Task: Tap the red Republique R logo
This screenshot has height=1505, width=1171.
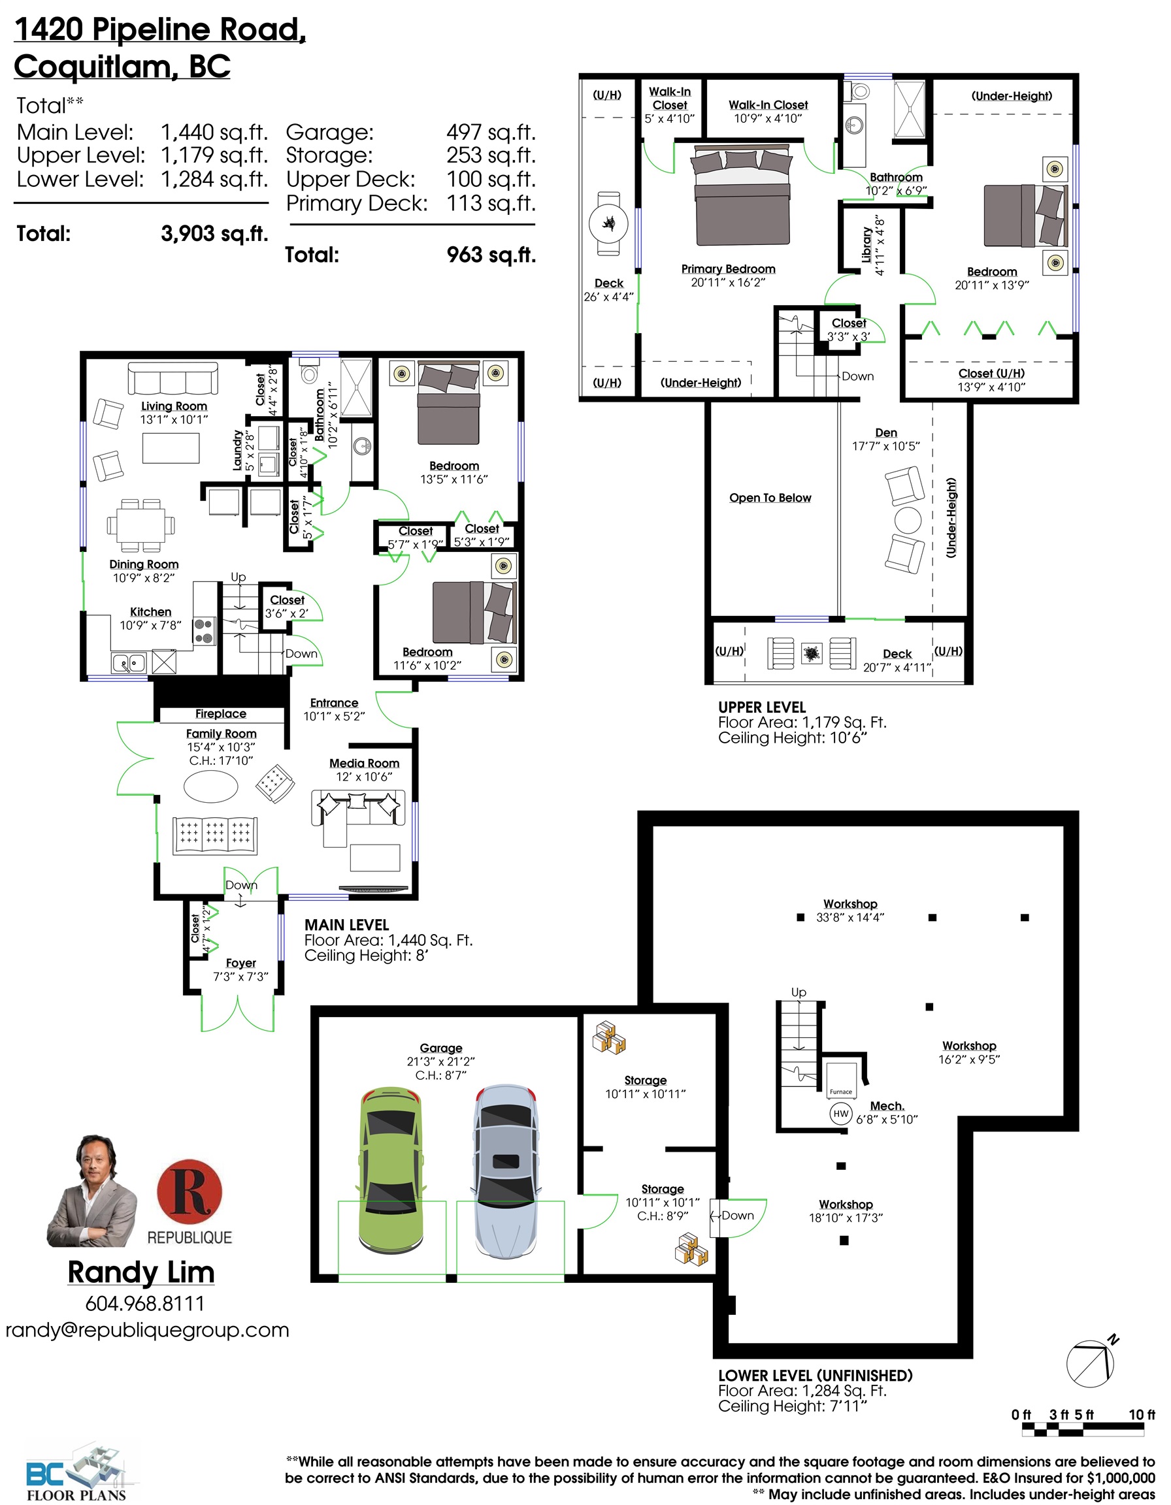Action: point(190,1191)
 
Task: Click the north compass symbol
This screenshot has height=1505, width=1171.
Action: point(1091,1363)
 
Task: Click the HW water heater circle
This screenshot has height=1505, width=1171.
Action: point(841,1114)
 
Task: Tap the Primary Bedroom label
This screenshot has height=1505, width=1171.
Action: point(729,268)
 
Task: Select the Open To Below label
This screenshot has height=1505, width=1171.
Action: point(770,498)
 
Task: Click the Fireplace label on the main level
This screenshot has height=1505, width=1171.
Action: point(221,714)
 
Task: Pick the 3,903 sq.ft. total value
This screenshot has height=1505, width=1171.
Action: point(214,234)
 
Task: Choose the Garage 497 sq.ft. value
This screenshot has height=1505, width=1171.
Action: point(491,133)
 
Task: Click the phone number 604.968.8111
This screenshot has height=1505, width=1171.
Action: point(144,1304)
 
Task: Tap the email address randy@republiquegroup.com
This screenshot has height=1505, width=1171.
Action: point(148,1330)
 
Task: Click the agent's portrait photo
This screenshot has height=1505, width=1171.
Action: point(93,1191)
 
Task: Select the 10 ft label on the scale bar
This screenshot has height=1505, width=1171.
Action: point(1142,1415)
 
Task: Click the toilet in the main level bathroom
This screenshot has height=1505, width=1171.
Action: point(310,369)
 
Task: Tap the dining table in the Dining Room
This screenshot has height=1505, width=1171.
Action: point(140,525)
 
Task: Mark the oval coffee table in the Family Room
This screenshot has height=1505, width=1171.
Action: point(211,786)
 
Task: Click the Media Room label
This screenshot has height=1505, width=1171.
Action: point(364,763)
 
